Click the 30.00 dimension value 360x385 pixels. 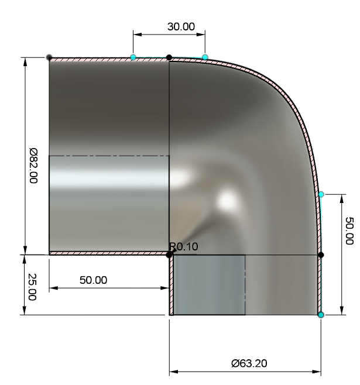(x=181, y=26)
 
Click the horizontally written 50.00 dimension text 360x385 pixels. (x=94, y=280)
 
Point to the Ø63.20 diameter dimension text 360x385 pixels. (x=250, y=363)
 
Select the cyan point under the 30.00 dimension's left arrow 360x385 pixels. (x=133, y=57)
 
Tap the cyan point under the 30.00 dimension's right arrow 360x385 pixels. (x=205, y=57)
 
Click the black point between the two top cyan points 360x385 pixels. (x=169, y=57)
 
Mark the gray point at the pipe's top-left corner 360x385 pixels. (x=49, y=57)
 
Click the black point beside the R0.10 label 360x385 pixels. (x=170, y=255)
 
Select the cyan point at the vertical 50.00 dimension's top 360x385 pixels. (x=321, y=194)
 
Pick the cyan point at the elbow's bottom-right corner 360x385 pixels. (x=321, y=315)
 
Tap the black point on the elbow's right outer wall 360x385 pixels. (x=321, y=255)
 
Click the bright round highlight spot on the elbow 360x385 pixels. (x=225, y=201)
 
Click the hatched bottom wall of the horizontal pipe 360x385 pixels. (x=109, y=253)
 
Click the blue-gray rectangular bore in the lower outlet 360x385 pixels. (x=209, y=285)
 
